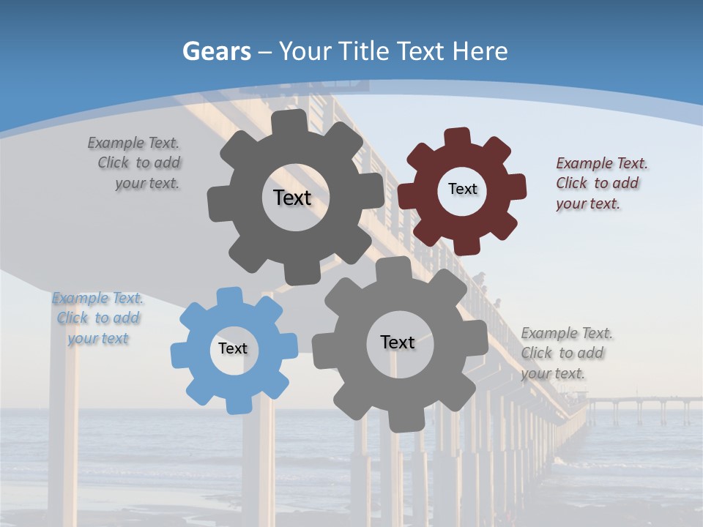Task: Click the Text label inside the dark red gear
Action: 462,189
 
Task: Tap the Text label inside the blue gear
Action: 233,348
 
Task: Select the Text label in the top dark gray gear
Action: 292,198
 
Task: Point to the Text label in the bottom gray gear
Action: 398,342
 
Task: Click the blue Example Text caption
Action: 98,318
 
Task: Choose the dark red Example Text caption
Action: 601,183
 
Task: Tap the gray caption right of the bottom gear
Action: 565,353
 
